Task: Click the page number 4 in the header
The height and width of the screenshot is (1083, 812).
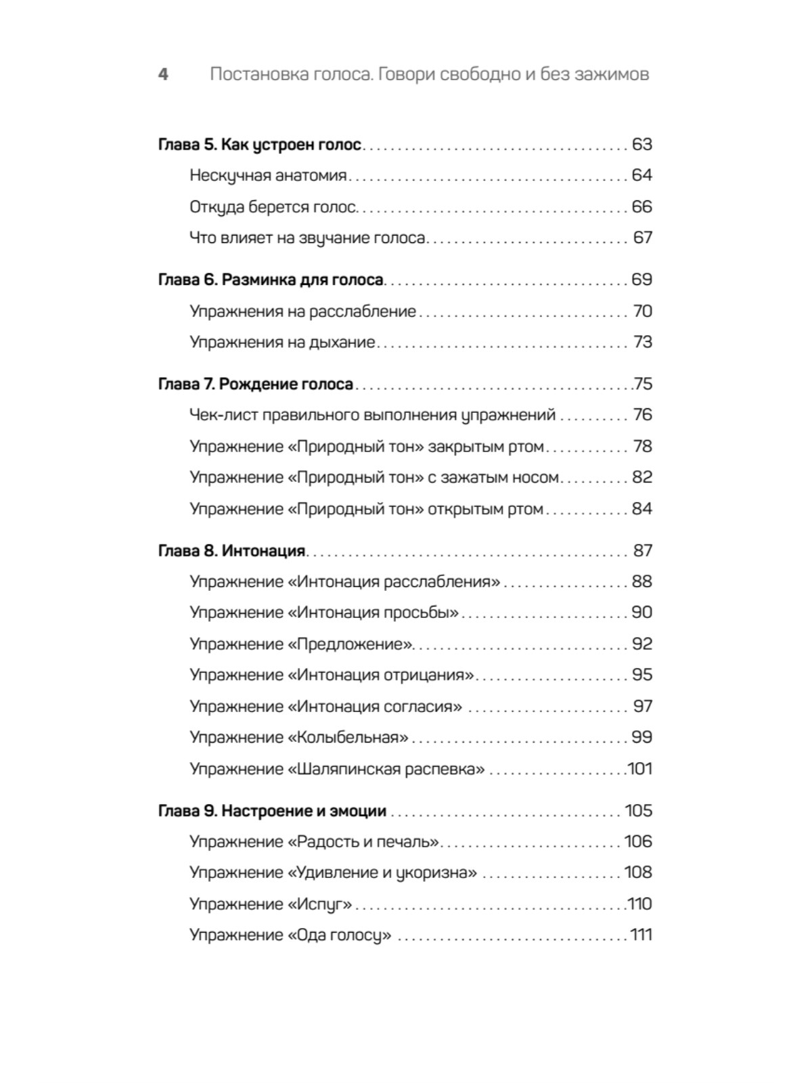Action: (x=163, y=74)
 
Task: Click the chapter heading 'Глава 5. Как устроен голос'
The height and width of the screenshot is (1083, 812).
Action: (x=260, y=145)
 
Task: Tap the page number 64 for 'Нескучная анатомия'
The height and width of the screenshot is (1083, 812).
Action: (x=641, y=175)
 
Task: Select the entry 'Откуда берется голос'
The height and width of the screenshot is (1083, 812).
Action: (x=273, y=207)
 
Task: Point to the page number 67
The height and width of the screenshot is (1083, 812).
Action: (x=642, y=238)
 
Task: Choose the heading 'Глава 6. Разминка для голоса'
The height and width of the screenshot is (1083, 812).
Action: (x=271, y=280)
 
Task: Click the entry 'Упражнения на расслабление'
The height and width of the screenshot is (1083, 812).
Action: (x=302, y=311)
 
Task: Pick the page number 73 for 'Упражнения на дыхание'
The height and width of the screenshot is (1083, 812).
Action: (x=642, y=342)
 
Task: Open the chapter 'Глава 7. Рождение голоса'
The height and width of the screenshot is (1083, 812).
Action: (x=256, y=384)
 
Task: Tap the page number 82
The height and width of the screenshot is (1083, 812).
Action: (x=641, y=477)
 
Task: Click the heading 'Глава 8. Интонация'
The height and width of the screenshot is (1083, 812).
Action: (x=232, y=551)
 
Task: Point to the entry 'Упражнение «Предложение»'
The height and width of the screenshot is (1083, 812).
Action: (x=301, y=644)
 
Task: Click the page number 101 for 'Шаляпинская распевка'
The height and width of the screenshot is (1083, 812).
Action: (x=639, y=769)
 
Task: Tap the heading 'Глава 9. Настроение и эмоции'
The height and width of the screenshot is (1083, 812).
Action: (x=272, y=811)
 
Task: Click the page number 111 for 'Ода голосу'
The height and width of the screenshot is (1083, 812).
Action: (x=641, y=935)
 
